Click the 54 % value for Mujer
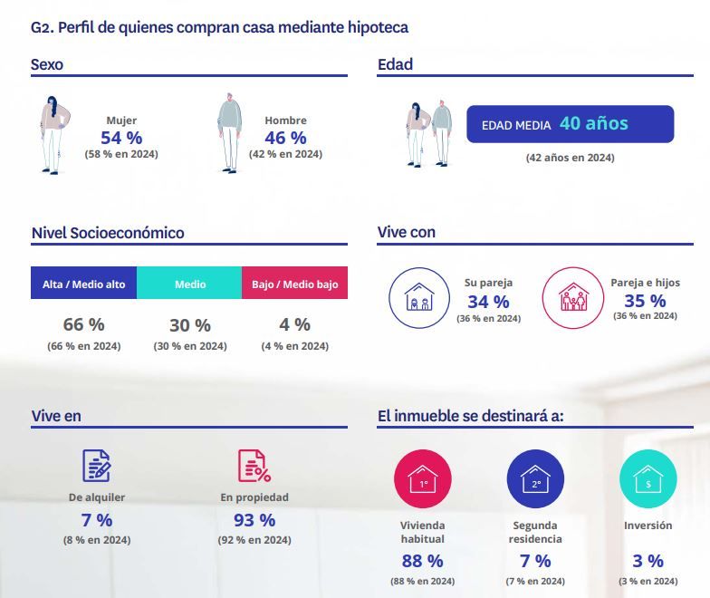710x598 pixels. coord(121,138)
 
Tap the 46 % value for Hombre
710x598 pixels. coord(285,138)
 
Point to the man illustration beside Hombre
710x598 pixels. coord(229,134)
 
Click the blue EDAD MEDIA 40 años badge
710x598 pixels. coord(570,124)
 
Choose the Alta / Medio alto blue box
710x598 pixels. coord(83,284)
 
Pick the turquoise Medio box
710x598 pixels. coord(190,284)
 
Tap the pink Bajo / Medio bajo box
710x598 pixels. coord(294,284)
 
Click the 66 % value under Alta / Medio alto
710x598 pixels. coord(83,324)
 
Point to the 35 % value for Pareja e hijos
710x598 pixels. coord(645,301)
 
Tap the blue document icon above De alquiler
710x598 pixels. coord(97,466)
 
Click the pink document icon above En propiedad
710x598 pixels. coord(254,466)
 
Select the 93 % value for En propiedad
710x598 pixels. coord(254,520)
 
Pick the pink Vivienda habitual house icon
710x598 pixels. coord(423,479)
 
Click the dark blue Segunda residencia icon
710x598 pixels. coord(535,479)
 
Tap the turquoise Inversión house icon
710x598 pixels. coord(648,479)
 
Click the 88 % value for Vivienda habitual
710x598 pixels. coord(422,561)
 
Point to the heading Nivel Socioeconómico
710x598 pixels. coord(108,233)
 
